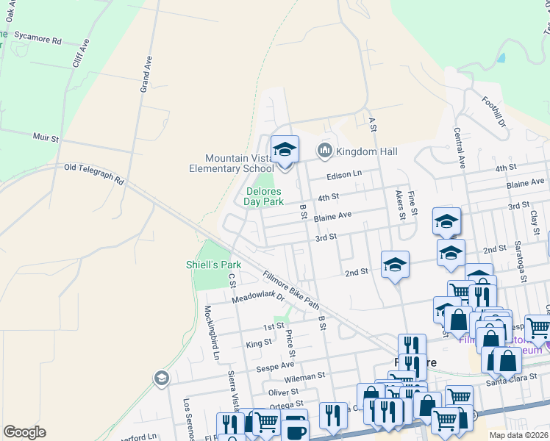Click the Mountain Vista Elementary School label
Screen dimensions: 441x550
pos(239,163)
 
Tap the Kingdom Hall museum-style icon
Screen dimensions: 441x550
pos(325,151)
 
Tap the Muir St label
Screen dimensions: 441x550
pos(46,137)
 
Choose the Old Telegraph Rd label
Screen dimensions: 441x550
pos(94,173)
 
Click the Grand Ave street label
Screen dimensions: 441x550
pos(146,75)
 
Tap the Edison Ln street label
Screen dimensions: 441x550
pos(346,174)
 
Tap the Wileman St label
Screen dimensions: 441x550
pos(305,376)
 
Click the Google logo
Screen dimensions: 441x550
pos(24,432)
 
